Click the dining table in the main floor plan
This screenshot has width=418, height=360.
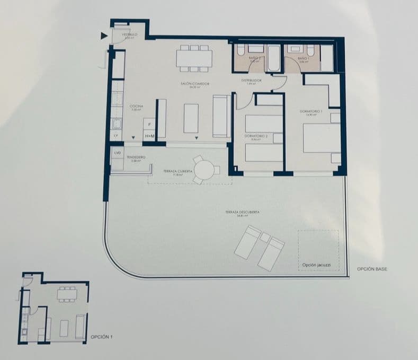194,57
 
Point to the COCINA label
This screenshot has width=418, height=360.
136,107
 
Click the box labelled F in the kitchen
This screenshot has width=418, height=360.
150,125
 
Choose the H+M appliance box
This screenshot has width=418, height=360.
150,136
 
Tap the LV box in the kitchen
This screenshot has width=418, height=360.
116,136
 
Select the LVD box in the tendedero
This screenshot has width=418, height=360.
117,153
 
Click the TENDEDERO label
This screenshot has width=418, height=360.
138,157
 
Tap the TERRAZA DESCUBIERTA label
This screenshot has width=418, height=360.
242,213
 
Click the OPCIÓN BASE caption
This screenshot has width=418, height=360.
372,269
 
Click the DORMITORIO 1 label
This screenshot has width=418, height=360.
311,111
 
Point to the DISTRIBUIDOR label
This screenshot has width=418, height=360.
252,81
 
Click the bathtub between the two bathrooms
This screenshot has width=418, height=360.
274,58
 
